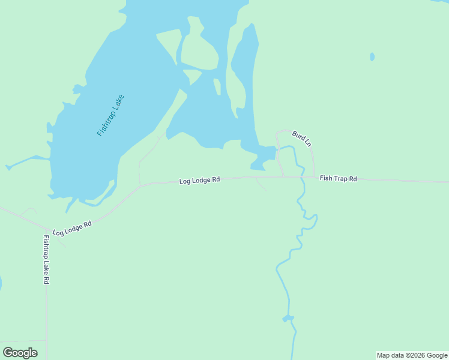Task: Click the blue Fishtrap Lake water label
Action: point(110,115)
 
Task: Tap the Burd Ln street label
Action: point(301,139)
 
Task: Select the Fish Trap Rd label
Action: point(339,178)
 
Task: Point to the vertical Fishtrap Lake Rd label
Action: point(46,259)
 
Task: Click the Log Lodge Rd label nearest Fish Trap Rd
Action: point(199,180)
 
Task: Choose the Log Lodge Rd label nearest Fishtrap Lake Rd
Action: point(72,228)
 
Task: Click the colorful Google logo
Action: point(20,353)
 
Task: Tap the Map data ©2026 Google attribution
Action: point(412,355)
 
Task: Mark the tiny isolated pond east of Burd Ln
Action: point(372,57)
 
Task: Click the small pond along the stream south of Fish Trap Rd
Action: point(288,318)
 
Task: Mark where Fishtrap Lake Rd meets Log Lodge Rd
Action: point(46,229)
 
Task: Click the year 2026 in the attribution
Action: point(417,355)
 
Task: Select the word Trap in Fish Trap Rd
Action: point(340,178)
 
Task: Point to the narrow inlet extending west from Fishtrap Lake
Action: point(27,161)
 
